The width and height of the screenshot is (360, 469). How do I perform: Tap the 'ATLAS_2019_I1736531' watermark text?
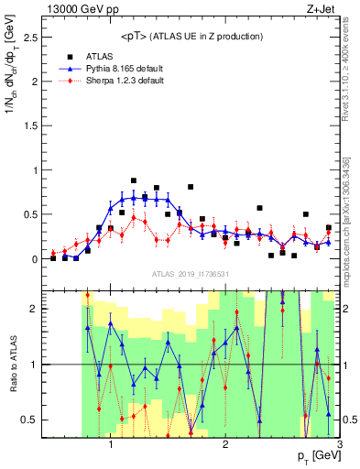pyautogui.click(x=191, y=275)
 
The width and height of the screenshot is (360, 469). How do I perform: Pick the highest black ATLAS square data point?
pyautogui.click(x=134, y=180)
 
